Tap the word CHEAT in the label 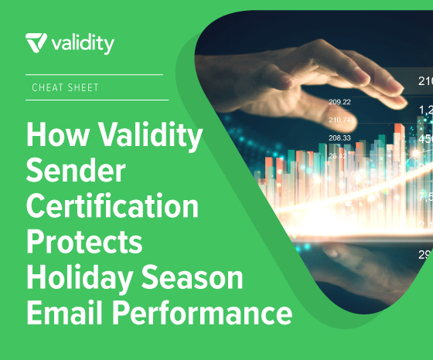tap(48, 87)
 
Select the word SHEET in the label tap(84, 87)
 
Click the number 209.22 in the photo tap(339, 102)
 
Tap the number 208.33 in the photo tap(339, 138)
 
